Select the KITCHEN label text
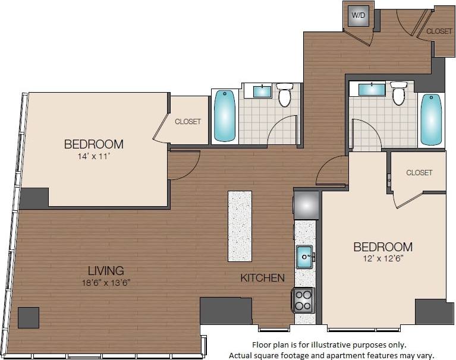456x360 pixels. (x=262, y=278)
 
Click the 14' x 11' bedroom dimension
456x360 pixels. (x=93, y=157)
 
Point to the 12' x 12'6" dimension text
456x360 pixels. (x=383, y=259)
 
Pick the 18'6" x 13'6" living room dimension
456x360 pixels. (x=106, y=283)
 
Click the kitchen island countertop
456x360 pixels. (x=240, y=226)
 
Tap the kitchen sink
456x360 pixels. (x=304, y=257)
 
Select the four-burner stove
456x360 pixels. (x=303, y=300)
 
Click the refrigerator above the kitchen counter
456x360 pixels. (x=307, y=205)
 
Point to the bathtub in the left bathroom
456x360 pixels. (x=225, y=115)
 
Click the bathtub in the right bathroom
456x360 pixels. (x=431, y=119)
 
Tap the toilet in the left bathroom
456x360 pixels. (x=285, y=95)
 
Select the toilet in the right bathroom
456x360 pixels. (x=398, y=93)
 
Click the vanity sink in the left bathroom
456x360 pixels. (x=262, y=91)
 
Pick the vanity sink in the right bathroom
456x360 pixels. (x=371, y=89)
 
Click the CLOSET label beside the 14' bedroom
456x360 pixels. (x=187, y=122)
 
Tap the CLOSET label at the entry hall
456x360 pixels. (x=439, y=31)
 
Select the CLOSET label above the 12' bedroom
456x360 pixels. (x=419, y=173)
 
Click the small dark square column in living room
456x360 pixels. (x=29, y=318)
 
